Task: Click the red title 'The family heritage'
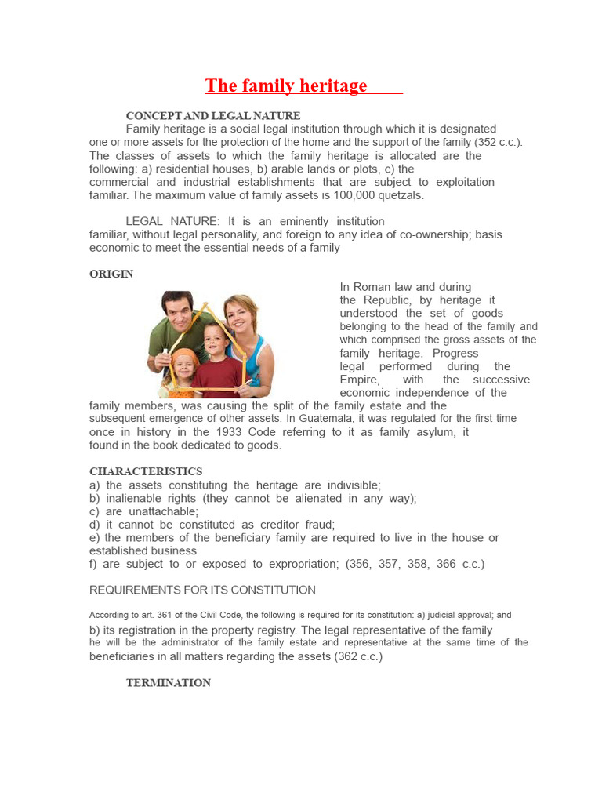286,85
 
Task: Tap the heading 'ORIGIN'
111,274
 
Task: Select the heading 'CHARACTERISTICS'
146,471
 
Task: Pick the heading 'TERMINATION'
169,683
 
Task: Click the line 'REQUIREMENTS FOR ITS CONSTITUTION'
202,590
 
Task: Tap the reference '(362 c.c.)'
358,656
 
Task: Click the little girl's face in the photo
184,366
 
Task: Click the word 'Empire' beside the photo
359,380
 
